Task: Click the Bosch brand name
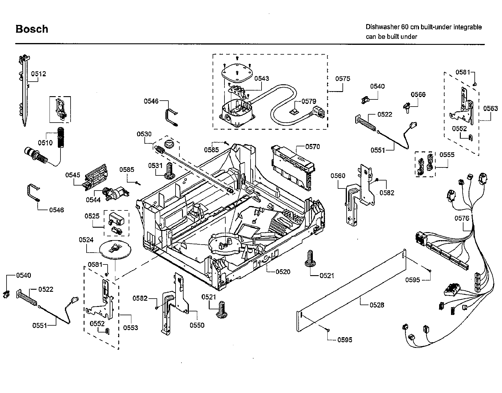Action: coord(32,29)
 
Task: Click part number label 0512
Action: coord(39,74)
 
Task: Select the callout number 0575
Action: coord(343,79)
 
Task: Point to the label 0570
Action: coord(313,147)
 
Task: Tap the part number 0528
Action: coord(377,305)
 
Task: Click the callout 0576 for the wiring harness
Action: coord(462,218)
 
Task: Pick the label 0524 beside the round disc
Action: coord(86,240)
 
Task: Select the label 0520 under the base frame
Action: coord(283,272)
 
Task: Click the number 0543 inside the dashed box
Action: coord(262,78)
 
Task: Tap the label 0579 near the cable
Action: coord(309,102)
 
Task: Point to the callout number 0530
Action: coord(144,134)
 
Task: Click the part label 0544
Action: coord(93,200)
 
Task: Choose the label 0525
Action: coord(92,216)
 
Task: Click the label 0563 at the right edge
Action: coord(490,109)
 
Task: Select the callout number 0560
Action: coord(338,176)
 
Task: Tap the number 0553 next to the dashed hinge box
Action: coord(130,327)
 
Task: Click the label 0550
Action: coord(197,325)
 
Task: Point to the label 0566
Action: coord(418,94)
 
